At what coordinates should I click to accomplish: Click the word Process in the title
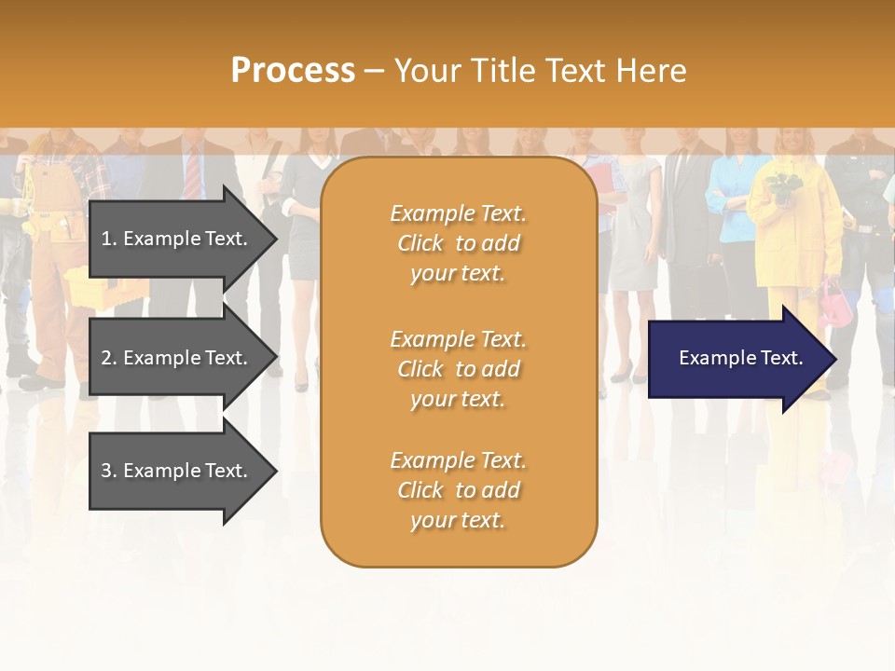coord(293,70)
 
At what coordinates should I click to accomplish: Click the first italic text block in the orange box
coord(458,243)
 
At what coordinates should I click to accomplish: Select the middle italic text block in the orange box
coord(458,369)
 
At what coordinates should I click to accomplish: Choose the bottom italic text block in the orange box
coord(458,490)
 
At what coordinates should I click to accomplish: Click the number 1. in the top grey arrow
coord(109,239)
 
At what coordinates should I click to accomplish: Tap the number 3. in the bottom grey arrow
coord(109,471)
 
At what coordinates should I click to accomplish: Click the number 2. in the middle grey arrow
coord(109,358)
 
